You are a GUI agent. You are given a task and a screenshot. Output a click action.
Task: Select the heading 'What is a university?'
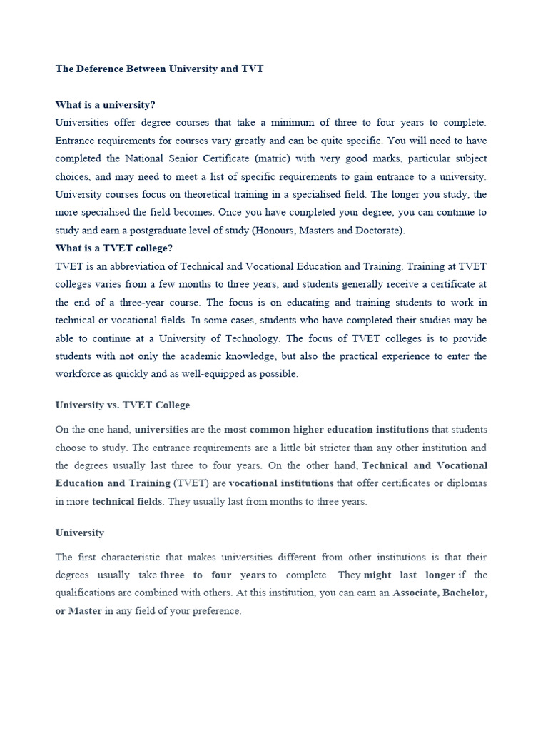[x=105, y=105]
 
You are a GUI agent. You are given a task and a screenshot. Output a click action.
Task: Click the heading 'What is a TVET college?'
[x=114, y=248]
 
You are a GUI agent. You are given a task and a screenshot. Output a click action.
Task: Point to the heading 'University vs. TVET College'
[x=123, y=405]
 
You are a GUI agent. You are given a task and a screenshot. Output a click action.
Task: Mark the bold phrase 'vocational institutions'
[x=281, y=483]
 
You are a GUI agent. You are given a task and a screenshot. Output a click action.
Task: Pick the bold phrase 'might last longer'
[x=410, y=575]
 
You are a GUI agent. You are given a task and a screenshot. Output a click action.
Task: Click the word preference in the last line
[x=215, y=611]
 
